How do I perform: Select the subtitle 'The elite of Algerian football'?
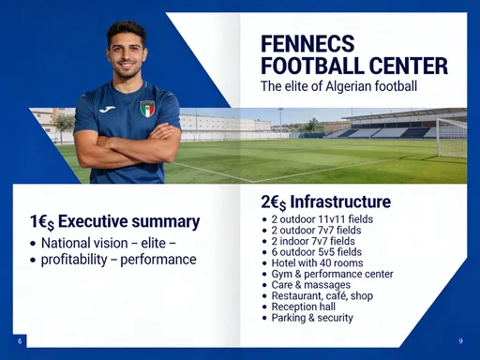(338, 86)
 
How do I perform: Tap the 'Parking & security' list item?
(311, 318)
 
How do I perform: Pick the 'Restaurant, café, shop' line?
(324, 296)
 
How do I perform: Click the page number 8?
(20, 339)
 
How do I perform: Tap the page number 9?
(460, 339)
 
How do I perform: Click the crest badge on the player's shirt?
(147, 109)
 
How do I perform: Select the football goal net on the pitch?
(451, 137)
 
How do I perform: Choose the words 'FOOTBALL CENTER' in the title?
(353, 67)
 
